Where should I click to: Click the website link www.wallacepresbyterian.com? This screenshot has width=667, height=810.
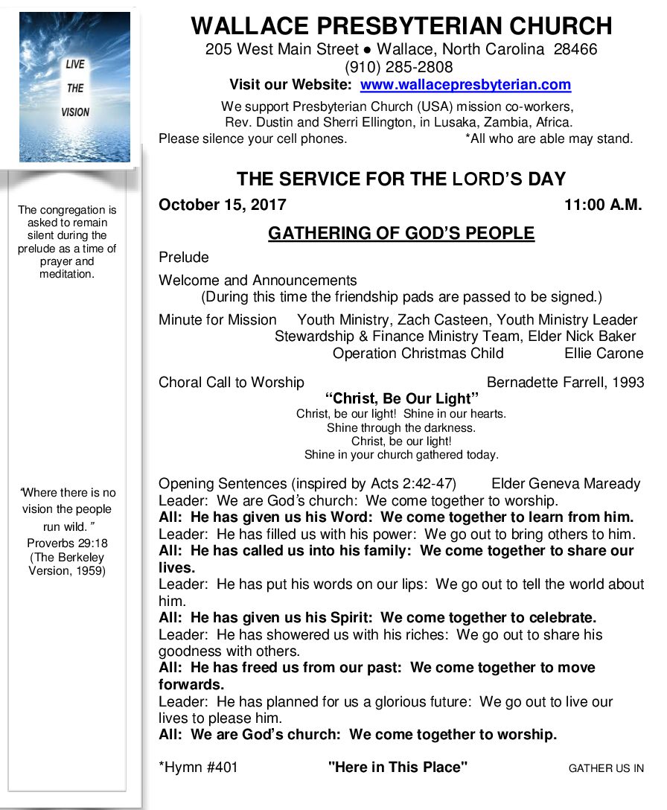click(465, 85)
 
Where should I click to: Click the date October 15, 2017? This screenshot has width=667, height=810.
click(223, 205)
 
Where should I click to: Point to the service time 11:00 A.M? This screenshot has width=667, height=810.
click(603, 205)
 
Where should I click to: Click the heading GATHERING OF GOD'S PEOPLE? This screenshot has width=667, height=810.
click(401, 233)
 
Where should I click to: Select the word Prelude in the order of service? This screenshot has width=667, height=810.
click(184, 258)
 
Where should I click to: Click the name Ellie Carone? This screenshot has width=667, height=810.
click(604, 353)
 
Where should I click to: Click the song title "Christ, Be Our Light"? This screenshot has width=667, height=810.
click(402, 398)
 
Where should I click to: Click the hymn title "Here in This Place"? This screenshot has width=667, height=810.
click(398, 768)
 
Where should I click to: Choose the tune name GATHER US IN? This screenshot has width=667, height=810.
click(606, 768)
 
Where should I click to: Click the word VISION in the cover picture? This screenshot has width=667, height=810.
click(75, 112)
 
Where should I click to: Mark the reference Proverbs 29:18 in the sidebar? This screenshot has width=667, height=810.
click(67, 543)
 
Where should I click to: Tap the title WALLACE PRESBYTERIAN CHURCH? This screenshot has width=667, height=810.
click(401, 26)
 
